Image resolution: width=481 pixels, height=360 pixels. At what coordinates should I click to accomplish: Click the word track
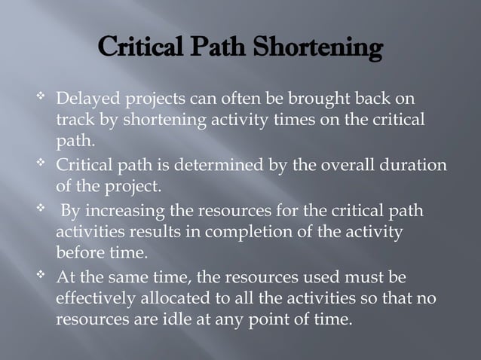click(x=73, y=121)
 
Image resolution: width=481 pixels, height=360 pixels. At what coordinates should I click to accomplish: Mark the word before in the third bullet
click(x=78, y=252)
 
